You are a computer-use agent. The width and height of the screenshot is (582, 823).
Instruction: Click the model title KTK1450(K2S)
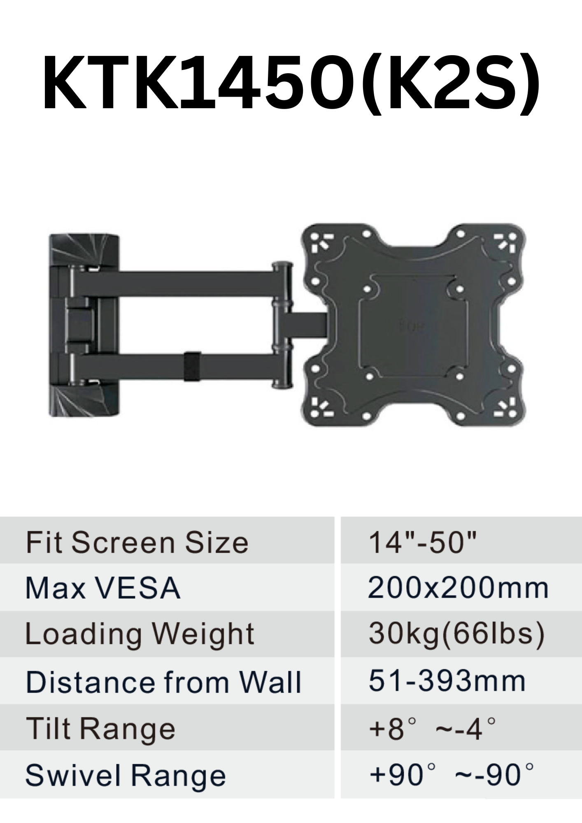tap(291, 84)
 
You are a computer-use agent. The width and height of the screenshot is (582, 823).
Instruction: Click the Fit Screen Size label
tap(137, 543)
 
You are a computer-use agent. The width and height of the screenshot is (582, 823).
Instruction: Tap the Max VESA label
tap(103, 588)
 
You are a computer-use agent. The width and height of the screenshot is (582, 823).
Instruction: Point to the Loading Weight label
tap(140, 635)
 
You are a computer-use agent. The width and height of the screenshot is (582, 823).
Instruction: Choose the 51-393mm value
tap(447, 681)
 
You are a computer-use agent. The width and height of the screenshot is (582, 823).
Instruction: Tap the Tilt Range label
tap(100, 729)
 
